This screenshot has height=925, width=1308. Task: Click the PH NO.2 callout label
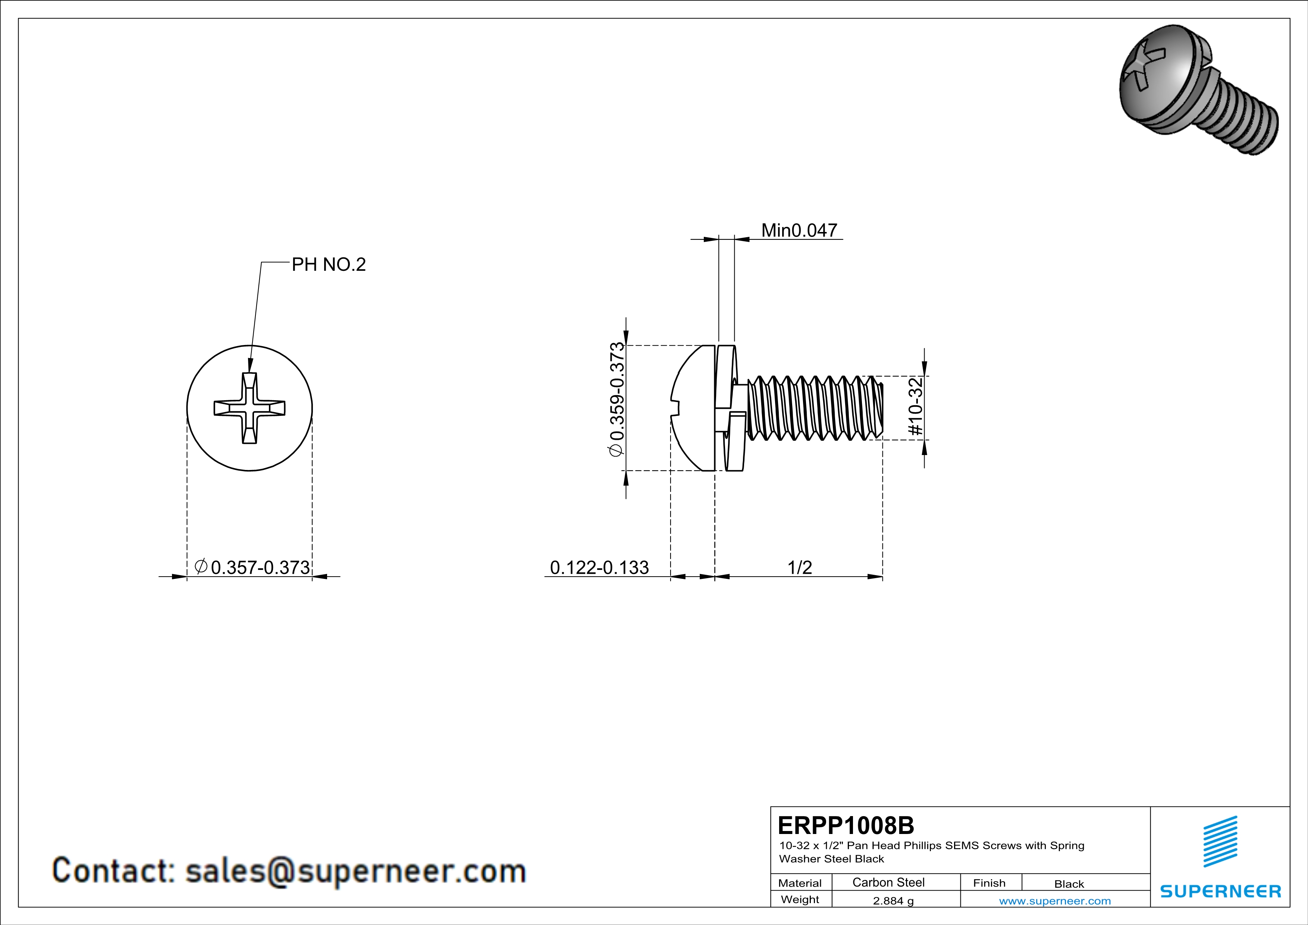329,264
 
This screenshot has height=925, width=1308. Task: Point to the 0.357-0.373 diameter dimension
260,567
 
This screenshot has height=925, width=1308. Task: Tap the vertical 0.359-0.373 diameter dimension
617,399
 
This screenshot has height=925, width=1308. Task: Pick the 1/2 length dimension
799,567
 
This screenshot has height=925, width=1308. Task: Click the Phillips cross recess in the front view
250,408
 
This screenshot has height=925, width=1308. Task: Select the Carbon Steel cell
888,882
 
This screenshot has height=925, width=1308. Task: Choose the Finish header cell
989,883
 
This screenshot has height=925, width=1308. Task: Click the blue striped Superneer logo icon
1220,841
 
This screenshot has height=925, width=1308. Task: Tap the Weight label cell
800,899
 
